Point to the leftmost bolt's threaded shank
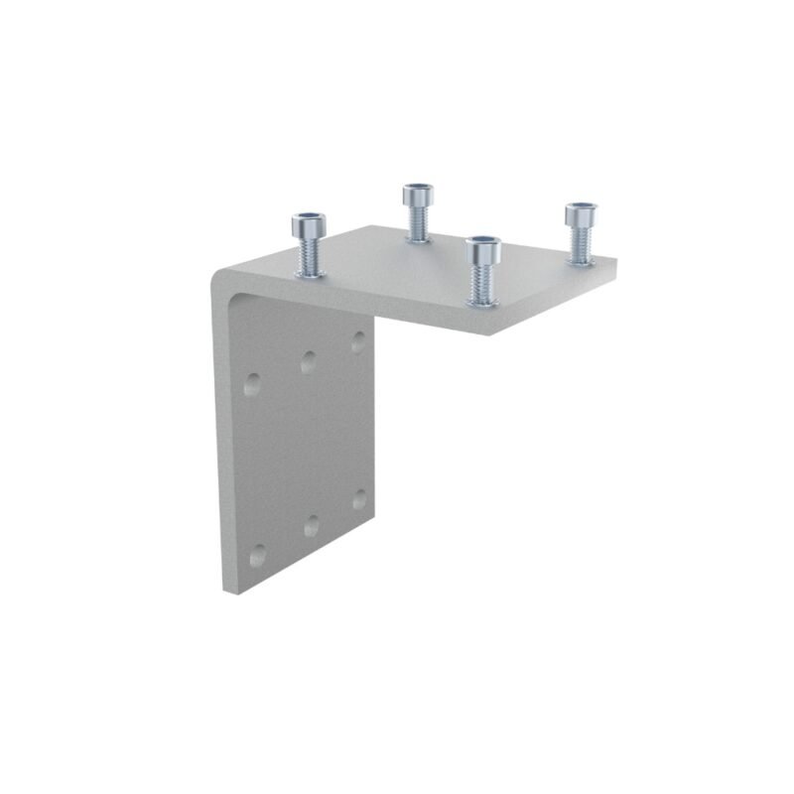pos(309,261)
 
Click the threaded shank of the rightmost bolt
pos(580,249)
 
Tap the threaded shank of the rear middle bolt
pos(417,226)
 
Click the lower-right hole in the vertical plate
pos(359,498)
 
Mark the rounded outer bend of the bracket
pos(220,283)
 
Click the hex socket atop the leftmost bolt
pos(308,218)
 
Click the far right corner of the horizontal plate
pos(616,261)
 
